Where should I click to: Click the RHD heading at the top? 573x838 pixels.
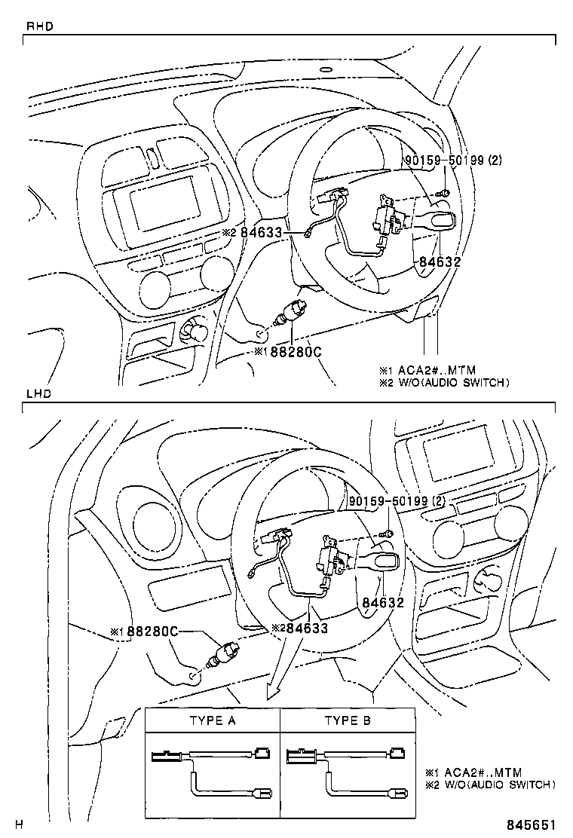39,26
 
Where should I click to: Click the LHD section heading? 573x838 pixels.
38,395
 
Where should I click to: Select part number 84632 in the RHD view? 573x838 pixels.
437,262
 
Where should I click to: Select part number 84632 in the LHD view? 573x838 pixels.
383,603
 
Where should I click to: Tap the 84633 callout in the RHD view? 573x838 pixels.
260,233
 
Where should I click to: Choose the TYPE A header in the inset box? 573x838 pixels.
213,720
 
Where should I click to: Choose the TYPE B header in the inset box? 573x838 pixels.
348,720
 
